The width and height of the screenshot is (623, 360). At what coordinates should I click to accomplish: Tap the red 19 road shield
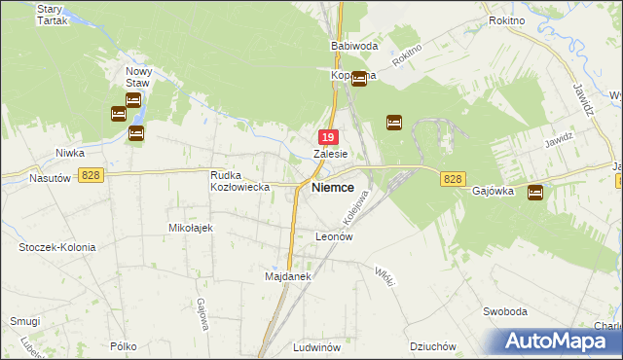click(330, 138)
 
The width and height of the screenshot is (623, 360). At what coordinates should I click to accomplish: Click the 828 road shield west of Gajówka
click(452, 179)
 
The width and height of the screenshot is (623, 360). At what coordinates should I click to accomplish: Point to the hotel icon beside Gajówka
click(535, 194)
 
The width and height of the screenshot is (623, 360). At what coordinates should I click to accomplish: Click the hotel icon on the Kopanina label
click(359, 79)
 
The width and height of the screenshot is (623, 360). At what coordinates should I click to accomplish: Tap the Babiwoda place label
click(353, 46)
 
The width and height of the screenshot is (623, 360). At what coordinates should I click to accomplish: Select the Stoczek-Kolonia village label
click(57, 247)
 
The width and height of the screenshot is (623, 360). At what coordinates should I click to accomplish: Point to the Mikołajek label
click(191, 227)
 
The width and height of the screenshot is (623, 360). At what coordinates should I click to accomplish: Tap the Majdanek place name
click(287, 276)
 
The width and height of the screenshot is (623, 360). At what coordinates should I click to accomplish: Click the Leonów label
click(333, 236)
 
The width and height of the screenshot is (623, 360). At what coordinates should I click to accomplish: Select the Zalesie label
click(331, 154)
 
